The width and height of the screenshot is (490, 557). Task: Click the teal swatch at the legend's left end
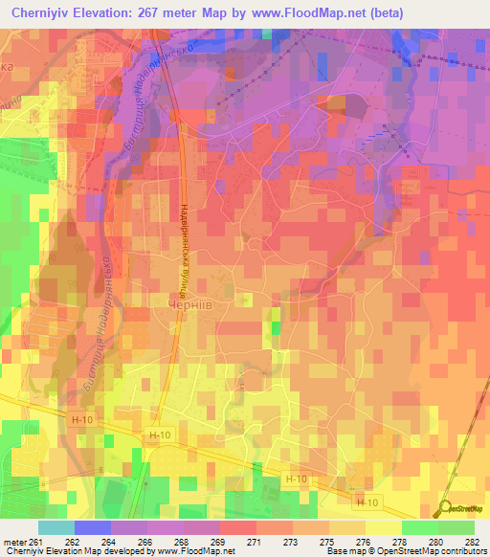[56, 527]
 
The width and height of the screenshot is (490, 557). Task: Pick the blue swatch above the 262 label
[93, 527]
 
